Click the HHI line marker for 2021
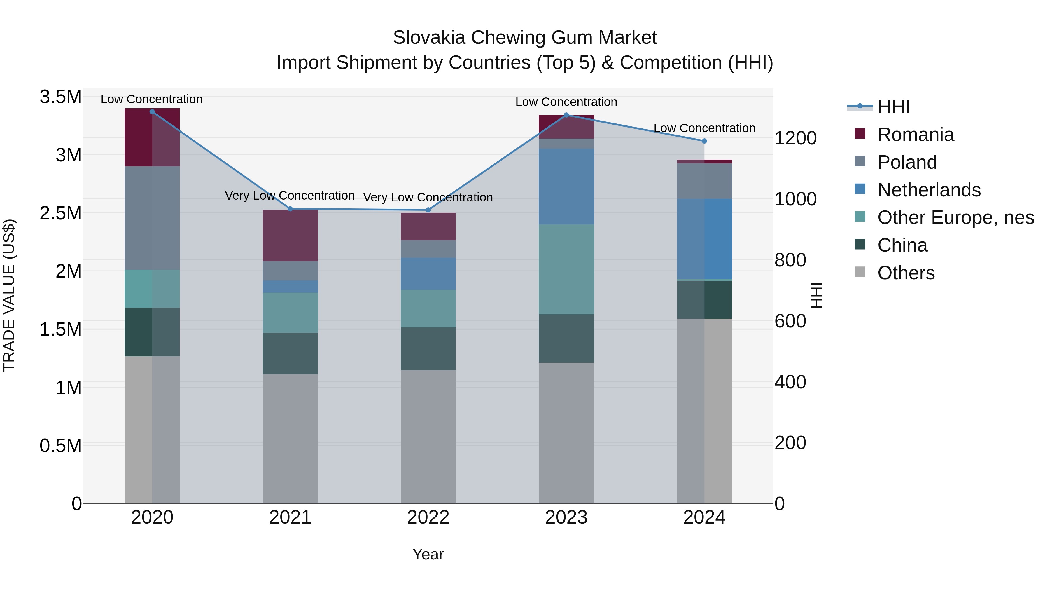[290, 209]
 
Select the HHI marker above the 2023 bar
[566, 115]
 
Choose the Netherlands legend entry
[929, 190]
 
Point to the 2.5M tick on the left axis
[61, 213]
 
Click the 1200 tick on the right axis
[795, 138]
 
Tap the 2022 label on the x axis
[428, 517]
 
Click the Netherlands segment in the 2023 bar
[566, 186]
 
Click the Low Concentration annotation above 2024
[704, 128]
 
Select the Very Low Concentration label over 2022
[428, 197]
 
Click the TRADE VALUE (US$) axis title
[9, 295]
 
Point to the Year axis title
[428, 554]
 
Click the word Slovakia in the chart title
[429, 38]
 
